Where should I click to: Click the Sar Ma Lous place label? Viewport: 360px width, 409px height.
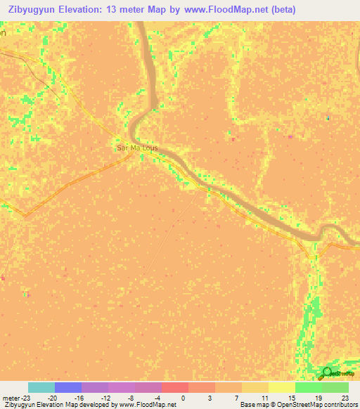(137, 148)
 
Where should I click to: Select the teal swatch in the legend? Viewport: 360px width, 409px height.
(41, 387)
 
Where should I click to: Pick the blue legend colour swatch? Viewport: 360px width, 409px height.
(67, 387)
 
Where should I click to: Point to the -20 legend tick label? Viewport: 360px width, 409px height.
(52, 398)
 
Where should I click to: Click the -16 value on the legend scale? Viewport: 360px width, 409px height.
(79, 398)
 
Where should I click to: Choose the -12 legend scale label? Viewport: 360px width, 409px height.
(106, 398)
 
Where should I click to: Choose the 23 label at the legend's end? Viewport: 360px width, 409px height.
(345, 398)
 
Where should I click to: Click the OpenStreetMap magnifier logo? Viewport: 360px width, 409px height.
(327, 372)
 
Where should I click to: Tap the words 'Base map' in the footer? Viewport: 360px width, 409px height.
(250, 405)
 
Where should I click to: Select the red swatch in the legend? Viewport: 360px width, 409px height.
(174, 387)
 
